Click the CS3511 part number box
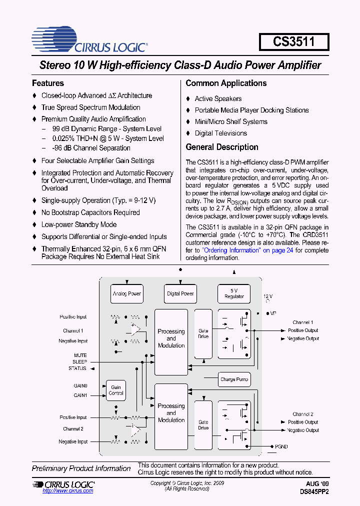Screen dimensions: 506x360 [294, 41]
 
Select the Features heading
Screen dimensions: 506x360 [48, 83]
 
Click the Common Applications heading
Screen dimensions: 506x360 [226, 83]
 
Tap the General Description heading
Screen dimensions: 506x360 [222, 147]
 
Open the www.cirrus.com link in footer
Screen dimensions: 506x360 [68, 491]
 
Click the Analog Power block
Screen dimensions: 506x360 [126, 293]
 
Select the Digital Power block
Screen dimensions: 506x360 [180, 293]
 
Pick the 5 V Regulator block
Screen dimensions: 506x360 [234, 293]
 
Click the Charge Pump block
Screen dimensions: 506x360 [234, 379]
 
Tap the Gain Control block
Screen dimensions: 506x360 [116, 390]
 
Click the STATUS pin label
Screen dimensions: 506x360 [77, 368]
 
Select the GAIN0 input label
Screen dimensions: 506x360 [80, 386]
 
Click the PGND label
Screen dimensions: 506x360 [281, 446]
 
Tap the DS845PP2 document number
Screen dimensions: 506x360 [314, 491]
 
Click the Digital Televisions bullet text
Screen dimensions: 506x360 [220, 133]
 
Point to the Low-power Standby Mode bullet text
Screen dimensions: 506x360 [79, 224]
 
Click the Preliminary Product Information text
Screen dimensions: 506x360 [81, 468]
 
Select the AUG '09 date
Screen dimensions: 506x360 [317, 484]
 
